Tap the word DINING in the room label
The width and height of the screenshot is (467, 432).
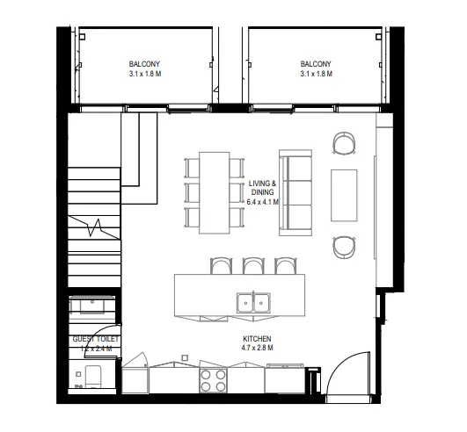[x=262, y=191]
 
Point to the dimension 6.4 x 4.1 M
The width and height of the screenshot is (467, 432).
[x=262, y=201]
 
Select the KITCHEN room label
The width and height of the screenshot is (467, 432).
[x=257, y=338]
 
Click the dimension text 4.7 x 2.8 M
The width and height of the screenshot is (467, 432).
[x=257, y=348]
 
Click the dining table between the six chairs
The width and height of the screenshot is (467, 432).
[x=214, y=192]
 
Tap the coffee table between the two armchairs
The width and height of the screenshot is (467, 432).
[x=344, y=191]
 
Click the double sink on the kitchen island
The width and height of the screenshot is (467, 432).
[x=252, y=304]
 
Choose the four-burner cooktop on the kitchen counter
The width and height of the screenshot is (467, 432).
[x=212, y=378]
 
